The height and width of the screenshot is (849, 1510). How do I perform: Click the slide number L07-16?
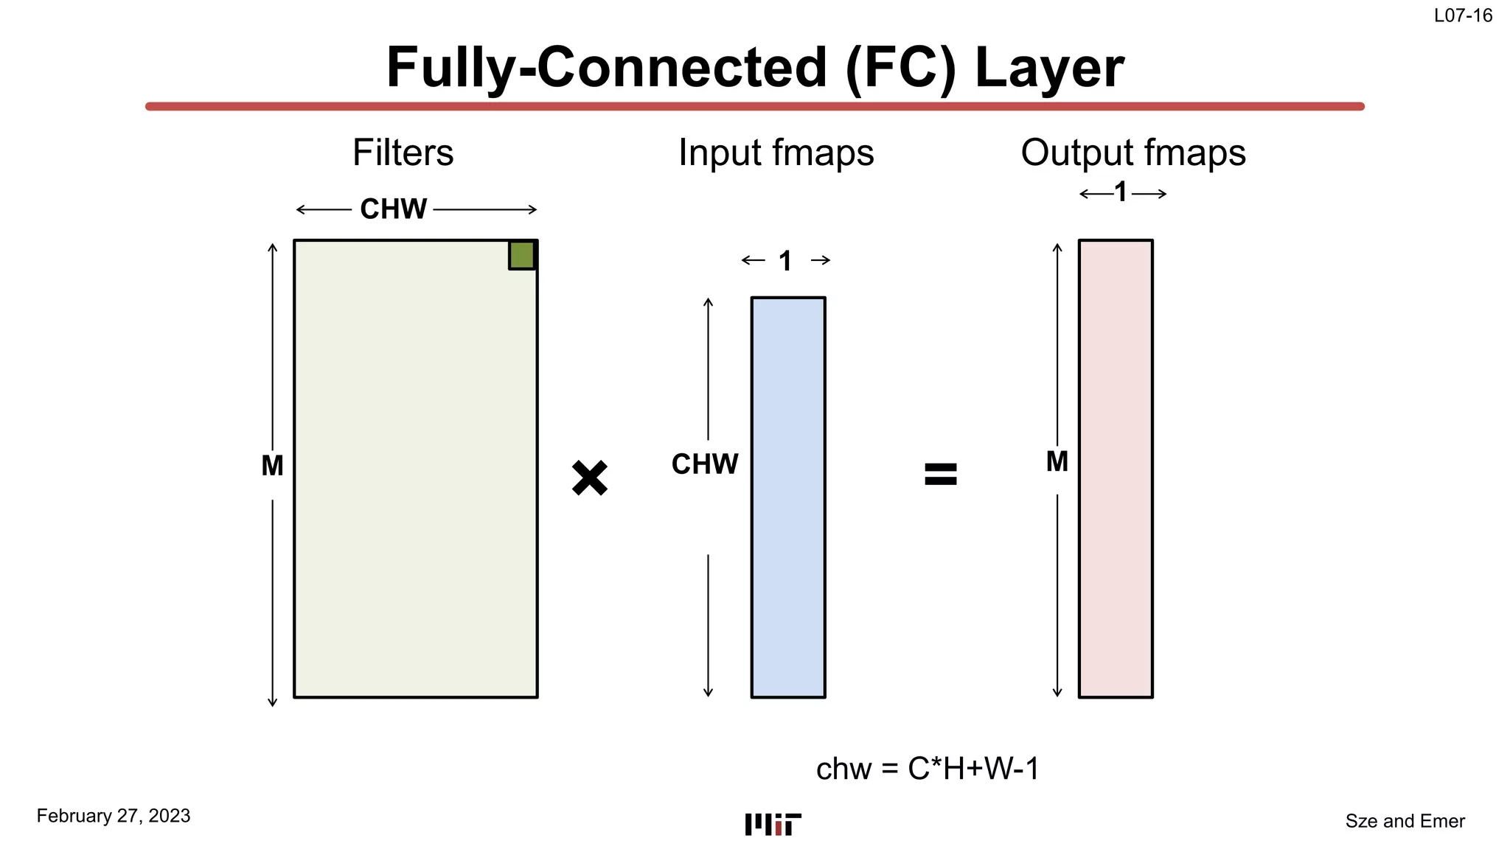click(x=1463, y=15)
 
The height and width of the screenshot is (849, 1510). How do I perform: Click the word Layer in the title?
click(x=1049, y=68)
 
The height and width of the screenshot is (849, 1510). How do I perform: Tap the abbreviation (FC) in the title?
click(x=900, y=68)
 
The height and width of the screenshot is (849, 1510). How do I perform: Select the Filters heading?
click(x=403, y=153)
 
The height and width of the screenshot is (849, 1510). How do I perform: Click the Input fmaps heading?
click(x=776, y=153)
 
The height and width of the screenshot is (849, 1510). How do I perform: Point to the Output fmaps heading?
click(x=1133, y=153)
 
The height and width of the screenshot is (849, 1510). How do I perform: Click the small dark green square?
click(x=522, y=255)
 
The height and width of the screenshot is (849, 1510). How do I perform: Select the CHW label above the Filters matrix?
click(x=393, y=209)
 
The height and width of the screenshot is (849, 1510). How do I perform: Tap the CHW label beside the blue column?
click(x=704, y=464)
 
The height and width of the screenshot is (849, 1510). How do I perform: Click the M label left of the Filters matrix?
click(x=272, y=466)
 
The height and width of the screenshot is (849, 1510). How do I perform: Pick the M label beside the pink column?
click(x=1057, y=462)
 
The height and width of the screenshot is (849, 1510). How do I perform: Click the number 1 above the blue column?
click(x=785, y=261)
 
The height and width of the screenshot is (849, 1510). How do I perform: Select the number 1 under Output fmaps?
click(x=1121, y=193)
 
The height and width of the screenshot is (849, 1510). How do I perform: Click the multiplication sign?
click(x=590, y=478)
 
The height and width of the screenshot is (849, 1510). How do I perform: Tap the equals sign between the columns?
click(x=941, y=474)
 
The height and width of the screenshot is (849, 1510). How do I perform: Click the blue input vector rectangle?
click(x=788, y=497)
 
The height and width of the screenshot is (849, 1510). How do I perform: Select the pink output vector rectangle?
click(x=1116, y=469)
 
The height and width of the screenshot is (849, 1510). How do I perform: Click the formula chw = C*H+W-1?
click(x=928, y=769)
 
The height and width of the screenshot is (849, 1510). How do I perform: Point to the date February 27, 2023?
click(x=114, y=816)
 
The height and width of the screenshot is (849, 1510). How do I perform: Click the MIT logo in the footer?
click(x=773, y=825)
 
